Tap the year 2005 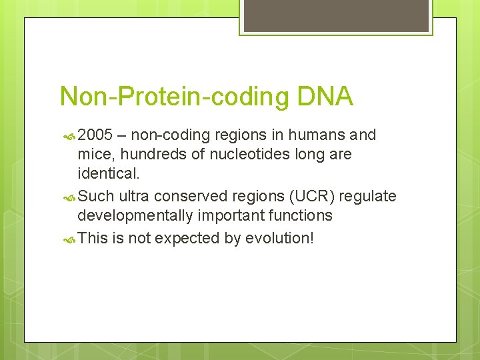click(x=95, y=135)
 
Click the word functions click(x=300, y=215)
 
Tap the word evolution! click(x=279, y=238)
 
